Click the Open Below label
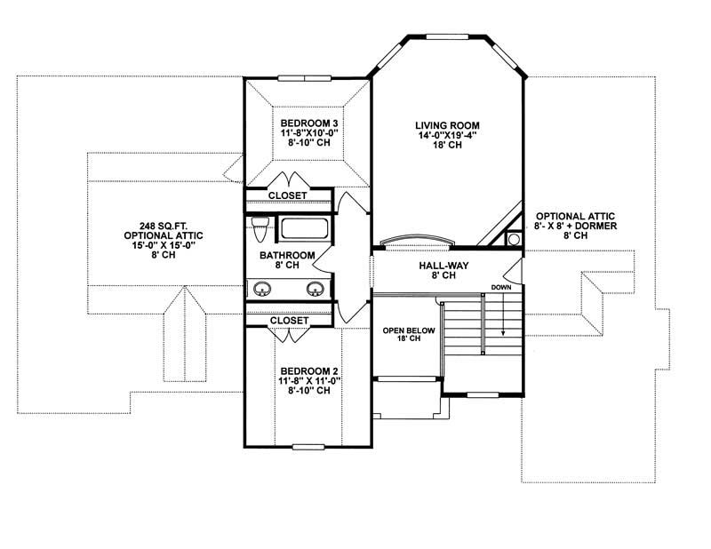[x=404, y=330]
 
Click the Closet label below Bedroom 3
[x=288, y=195]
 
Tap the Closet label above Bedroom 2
[x=288, y=321]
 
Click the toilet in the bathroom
[x=260, y=229]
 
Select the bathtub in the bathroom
[x=305, y=229]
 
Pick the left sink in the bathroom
[x=262, y=289]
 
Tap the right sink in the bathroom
[x=315, y=289]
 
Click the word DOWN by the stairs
[x=500, y=288]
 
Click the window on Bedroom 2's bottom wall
[x=307, y=445]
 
